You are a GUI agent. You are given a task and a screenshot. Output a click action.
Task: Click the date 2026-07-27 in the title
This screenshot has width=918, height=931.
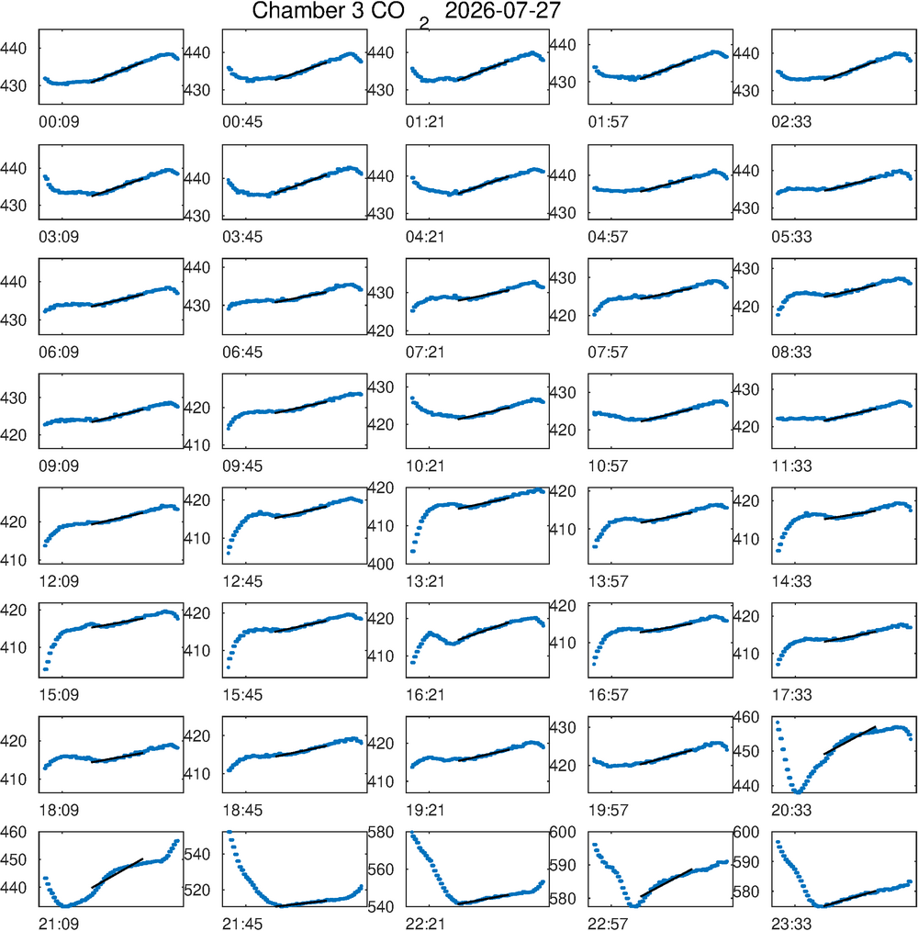[x=502, y=11]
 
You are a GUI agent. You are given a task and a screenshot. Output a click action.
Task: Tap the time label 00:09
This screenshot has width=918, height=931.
[x=59, y=122]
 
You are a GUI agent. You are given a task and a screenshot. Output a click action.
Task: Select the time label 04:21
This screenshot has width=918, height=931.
[x=425, y=237]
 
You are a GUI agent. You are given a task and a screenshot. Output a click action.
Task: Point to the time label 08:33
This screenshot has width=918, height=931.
[x=791, y=352]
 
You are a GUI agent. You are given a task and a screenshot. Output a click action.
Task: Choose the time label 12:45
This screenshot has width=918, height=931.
[x=242, y=581]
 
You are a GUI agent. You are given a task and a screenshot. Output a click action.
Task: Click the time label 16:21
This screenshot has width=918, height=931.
[x=425, y=695]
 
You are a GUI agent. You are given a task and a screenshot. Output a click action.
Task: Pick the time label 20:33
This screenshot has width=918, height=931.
[x=791, y=810]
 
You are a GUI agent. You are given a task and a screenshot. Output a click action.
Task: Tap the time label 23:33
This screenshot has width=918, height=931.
[x=791, y=924]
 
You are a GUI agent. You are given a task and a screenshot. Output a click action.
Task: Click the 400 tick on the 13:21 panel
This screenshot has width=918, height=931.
[x=381, y=564]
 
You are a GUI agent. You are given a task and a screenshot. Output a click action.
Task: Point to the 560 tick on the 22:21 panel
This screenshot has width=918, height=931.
[x=381, y=869]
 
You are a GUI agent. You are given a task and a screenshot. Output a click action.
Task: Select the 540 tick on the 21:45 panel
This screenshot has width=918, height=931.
[x=197, y=854]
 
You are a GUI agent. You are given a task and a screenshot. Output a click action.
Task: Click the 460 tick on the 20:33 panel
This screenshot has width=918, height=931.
[x=746, y=717]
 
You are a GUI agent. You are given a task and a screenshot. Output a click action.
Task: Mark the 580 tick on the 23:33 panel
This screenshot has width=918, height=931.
[x=746, y=892]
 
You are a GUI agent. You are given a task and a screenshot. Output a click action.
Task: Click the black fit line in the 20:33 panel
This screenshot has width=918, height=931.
[x=850, y=740]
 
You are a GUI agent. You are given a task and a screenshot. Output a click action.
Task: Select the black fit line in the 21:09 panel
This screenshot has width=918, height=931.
[x=117, y=873]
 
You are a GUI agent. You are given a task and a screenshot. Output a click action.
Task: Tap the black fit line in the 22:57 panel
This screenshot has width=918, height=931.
[x=666, y=883]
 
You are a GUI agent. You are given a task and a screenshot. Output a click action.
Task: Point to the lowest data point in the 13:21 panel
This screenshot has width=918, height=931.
[x=413, y=552]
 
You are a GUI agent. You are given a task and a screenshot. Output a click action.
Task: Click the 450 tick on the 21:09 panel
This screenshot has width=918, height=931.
[x=14, y=859]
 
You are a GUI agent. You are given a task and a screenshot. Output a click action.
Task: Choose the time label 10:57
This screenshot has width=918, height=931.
[x=608, y=466]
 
